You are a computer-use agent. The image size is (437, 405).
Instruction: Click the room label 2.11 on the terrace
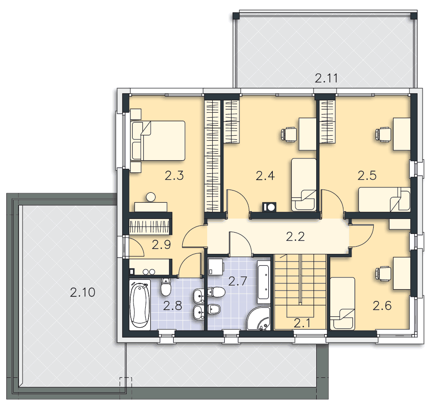(x=326, y=78)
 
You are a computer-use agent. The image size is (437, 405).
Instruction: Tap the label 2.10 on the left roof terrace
(x=82, y=292)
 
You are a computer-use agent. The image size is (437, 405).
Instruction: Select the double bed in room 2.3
(x=158, y=140)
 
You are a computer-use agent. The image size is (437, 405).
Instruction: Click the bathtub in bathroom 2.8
(x=140, y=305)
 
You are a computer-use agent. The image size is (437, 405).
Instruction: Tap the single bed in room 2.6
(x=342, y=303)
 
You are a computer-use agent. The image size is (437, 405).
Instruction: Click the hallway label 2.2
(x=295, y=237)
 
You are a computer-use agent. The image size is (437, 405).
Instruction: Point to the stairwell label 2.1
(x=302, y=324)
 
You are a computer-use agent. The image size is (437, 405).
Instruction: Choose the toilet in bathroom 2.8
(x=166, y=286)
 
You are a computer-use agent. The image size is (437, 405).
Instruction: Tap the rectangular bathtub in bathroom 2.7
(x=263, y=282)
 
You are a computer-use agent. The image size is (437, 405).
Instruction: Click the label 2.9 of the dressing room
(x=161, y=245)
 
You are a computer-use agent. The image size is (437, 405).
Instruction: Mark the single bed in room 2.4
(x=304, y=185)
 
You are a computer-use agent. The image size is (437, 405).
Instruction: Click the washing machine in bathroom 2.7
(x=216, y=266)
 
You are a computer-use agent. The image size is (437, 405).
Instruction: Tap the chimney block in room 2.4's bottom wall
(x=269, y=207)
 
